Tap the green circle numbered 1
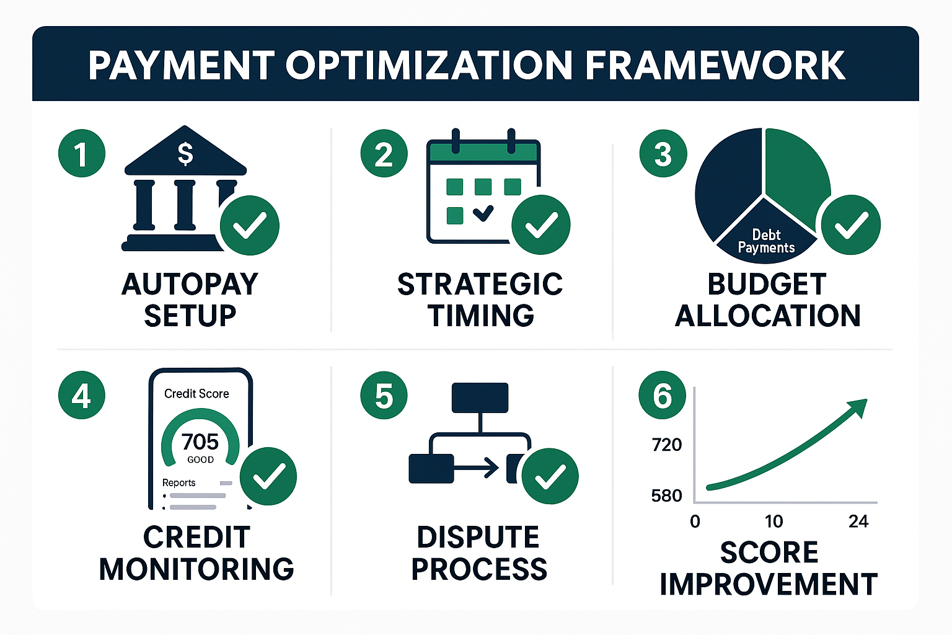click(82, 153)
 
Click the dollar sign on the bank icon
click(185, 153)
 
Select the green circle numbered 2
click(384, 153)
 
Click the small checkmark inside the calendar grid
click(483, 214)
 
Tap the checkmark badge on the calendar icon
click(540, 224)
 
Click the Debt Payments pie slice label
click(766, 241)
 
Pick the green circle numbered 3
click(663, 153)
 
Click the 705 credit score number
click(200, 442)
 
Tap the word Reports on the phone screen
click(178, 482)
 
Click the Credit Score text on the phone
click(196, 394)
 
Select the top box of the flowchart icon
click(480, 398)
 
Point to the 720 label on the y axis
click(666, 445)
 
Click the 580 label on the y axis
click(666, 495)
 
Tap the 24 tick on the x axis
click(858, 521)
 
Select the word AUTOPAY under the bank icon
click(190, 285)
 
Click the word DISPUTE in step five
click(478, 537)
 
